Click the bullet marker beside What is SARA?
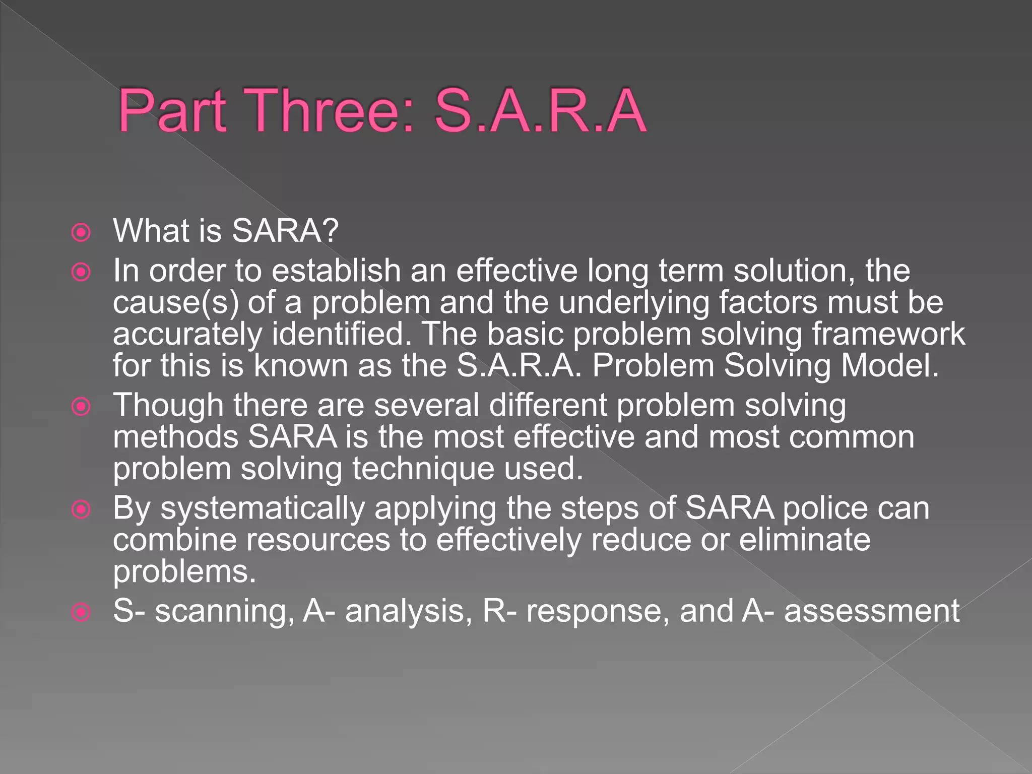click(x=81, y=232)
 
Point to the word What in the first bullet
click(x=151, y=231)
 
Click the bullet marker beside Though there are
click(x=81, y=406)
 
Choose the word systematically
click(x=263, y=508)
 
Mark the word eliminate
click(x=804, y=540)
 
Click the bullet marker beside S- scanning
click(x=81, y=612)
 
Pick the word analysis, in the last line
click(x=409, y=611)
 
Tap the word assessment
click(x=872, y=611)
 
